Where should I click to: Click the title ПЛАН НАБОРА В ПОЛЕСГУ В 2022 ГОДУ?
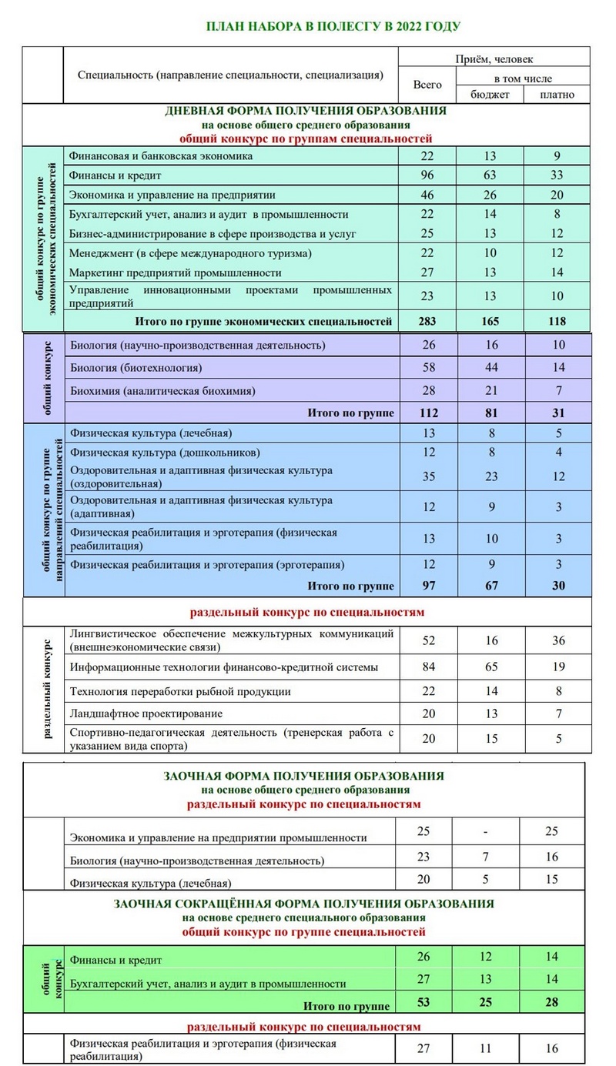333,27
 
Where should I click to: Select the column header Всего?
427,85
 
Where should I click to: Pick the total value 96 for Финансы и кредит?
427,175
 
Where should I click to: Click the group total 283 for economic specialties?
427,321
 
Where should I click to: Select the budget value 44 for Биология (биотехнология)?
490,368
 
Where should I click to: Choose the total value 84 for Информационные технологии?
427,667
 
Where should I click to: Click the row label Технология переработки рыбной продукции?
180,691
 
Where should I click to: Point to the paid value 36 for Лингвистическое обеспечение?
557,640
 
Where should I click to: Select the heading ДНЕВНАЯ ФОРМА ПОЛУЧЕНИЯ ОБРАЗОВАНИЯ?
306,111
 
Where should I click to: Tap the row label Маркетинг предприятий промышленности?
175,272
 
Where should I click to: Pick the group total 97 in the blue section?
427,586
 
